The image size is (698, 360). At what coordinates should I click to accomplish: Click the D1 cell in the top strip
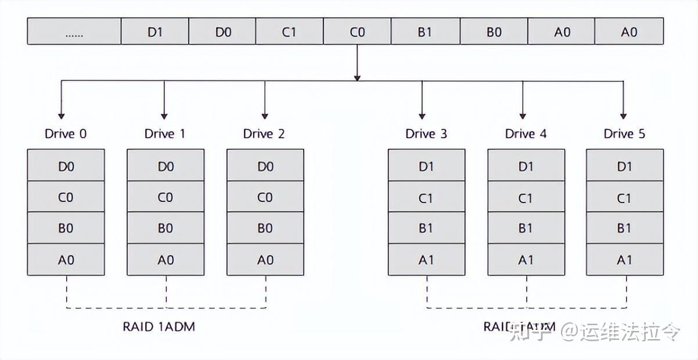154,32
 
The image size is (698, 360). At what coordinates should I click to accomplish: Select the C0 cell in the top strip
357,32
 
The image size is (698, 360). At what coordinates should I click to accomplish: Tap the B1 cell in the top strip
425,32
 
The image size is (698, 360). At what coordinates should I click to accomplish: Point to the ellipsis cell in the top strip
74,32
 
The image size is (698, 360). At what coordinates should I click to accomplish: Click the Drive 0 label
66,134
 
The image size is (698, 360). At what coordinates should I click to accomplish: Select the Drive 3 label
426,134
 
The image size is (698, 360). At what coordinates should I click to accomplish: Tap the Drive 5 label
624,134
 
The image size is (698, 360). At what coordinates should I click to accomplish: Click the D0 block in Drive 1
165,166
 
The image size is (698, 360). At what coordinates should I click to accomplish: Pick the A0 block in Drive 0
66,260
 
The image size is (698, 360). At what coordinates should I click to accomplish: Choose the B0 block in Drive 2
265,228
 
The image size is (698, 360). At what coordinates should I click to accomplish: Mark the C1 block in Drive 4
526,197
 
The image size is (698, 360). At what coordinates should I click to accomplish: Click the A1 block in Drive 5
624,260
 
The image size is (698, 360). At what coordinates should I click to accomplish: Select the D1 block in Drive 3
426,166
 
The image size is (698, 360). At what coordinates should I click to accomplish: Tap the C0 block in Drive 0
66,197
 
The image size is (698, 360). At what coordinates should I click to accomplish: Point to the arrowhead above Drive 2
265,114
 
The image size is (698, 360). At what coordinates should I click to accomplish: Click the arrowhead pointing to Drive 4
523,114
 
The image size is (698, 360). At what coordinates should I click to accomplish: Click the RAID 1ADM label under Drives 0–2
159,326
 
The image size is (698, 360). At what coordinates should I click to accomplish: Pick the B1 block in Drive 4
526,228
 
